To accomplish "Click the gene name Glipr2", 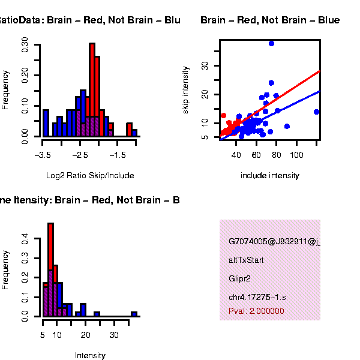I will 239,279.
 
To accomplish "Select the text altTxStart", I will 246,261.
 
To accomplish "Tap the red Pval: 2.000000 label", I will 256,311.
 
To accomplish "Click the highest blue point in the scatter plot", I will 271,44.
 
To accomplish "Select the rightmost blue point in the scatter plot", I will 316,112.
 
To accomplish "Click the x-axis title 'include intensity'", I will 269,176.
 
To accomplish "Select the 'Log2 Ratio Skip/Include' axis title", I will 90,176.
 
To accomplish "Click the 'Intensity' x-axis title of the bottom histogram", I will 90,355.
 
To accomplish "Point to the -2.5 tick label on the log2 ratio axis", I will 80,155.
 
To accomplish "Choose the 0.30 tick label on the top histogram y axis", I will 25,45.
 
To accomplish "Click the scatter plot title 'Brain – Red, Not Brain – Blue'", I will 270,20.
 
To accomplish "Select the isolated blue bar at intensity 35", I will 134,314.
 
